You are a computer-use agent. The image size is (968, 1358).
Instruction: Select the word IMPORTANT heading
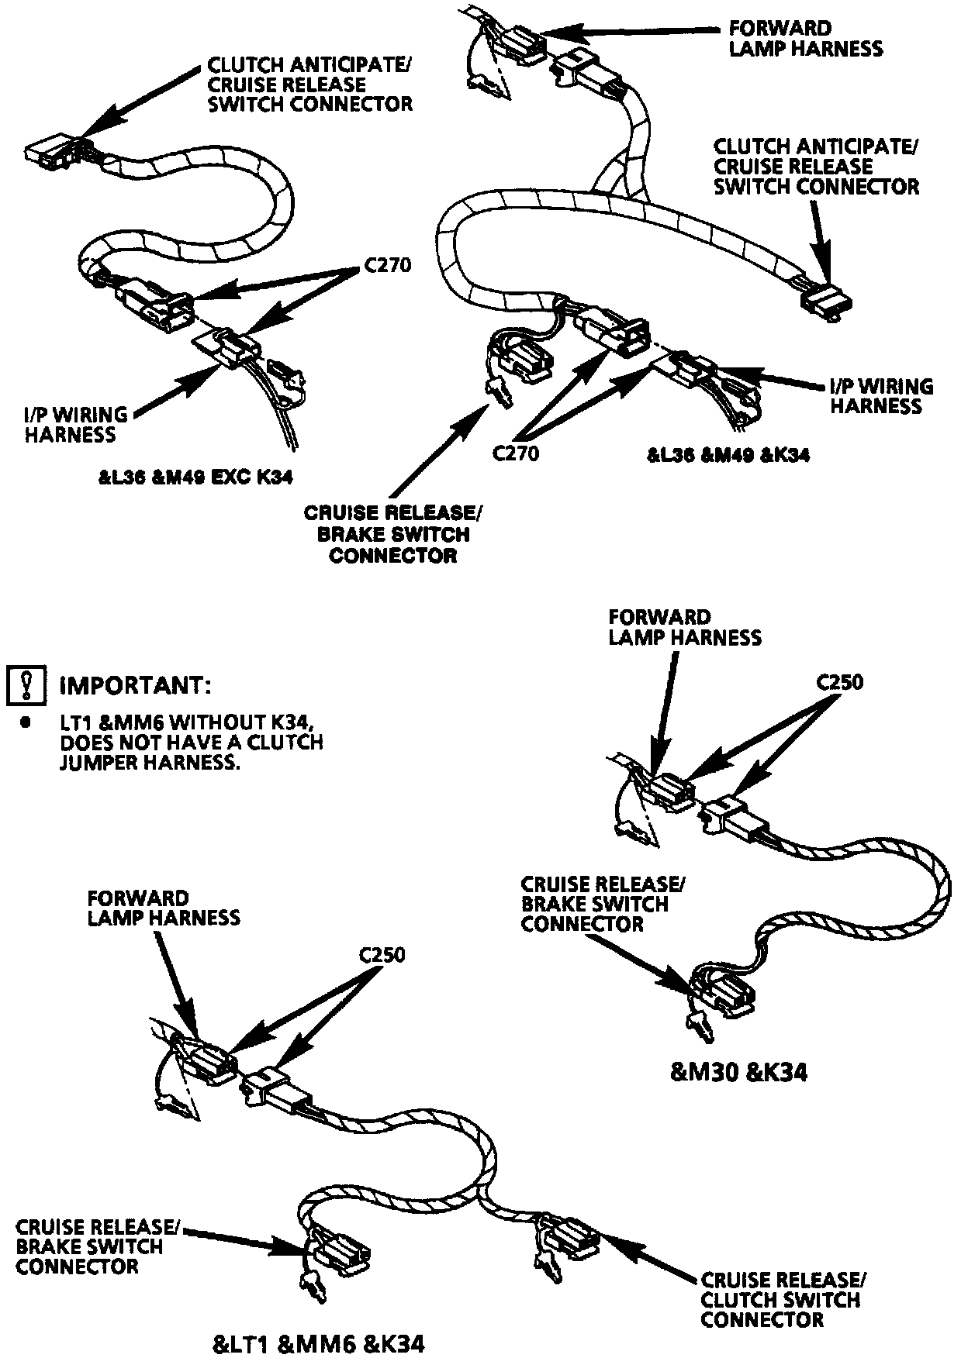[x=135, y=686]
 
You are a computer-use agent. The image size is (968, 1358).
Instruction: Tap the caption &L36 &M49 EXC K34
[x=201, y=478]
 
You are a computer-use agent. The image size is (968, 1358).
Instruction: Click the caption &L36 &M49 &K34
[x=728, y=455]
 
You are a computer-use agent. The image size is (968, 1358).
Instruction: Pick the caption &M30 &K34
[x=738, y=1072]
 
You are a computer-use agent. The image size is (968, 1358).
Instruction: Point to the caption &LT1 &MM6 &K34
[x=318, y=1343]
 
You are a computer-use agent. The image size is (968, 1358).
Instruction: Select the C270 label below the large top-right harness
[x=516, y=452]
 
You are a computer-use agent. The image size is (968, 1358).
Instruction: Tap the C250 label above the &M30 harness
[x=839, y=682]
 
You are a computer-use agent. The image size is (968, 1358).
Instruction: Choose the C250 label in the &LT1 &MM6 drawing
[x=382, y=954]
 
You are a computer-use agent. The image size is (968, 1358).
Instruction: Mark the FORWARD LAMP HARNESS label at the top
[x=805, y=39]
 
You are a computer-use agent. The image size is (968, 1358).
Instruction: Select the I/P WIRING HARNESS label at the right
[x=881, y=396]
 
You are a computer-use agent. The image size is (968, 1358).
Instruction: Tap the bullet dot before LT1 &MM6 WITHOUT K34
[x=26, y=722]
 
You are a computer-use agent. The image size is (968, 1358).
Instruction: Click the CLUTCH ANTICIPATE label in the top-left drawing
[x=309, y=65]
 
